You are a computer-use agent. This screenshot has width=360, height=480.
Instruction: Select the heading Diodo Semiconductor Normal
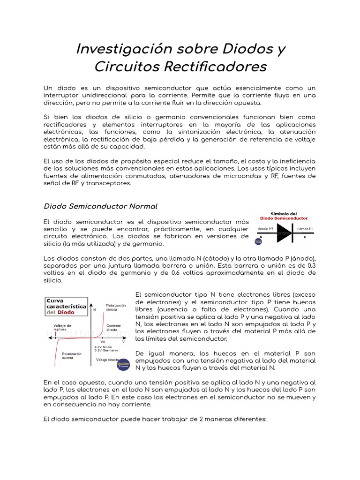point(100,206)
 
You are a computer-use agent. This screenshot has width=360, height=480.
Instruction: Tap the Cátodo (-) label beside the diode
point(304,228)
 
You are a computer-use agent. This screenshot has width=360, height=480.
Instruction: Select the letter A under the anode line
point(261,238)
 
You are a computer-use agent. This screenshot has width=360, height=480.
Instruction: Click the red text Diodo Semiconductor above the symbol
point(285,218)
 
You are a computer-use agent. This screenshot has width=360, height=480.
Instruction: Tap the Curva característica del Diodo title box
point(65,306)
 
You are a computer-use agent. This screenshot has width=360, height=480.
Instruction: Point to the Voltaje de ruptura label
point(62,327)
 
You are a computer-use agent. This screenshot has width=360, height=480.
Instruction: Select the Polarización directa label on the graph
point(116,307)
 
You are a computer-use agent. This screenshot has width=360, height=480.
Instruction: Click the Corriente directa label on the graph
point(113,327)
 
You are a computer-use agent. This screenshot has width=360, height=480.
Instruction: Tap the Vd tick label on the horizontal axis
point(103,341)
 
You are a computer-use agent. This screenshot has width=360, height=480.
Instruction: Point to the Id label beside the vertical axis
point(95,310)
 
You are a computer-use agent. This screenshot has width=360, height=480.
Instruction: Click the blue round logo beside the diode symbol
point(258,241)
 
